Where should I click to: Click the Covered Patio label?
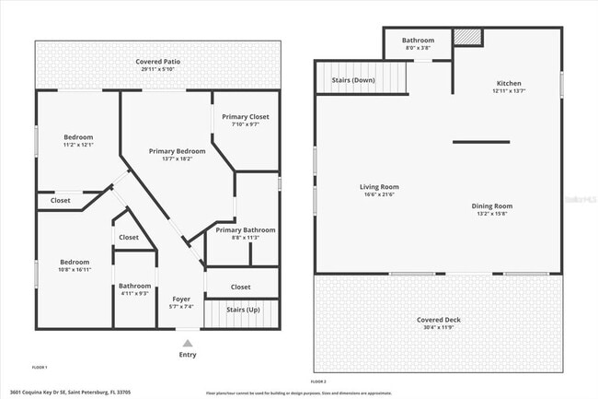(160, 61)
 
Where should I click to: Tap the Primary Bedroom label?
(177, 150)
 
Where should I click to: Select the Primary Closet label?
(246, 117)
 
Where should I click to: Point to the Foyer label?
(182, 299)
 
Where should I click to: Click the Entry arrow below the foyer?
(188, 341)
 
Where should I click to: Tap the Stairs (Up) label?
(243, 310)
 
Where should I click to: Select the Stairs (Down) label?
(352, 81)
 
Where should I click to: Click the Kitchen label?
(508, 82)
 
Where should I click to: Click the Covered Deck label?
(438, 319)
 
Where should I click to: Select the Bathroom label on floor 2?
(419, 40)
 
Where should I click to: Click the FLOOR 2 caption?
(319, 380)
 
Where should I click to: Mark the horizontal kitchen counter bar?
(480, 141)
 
